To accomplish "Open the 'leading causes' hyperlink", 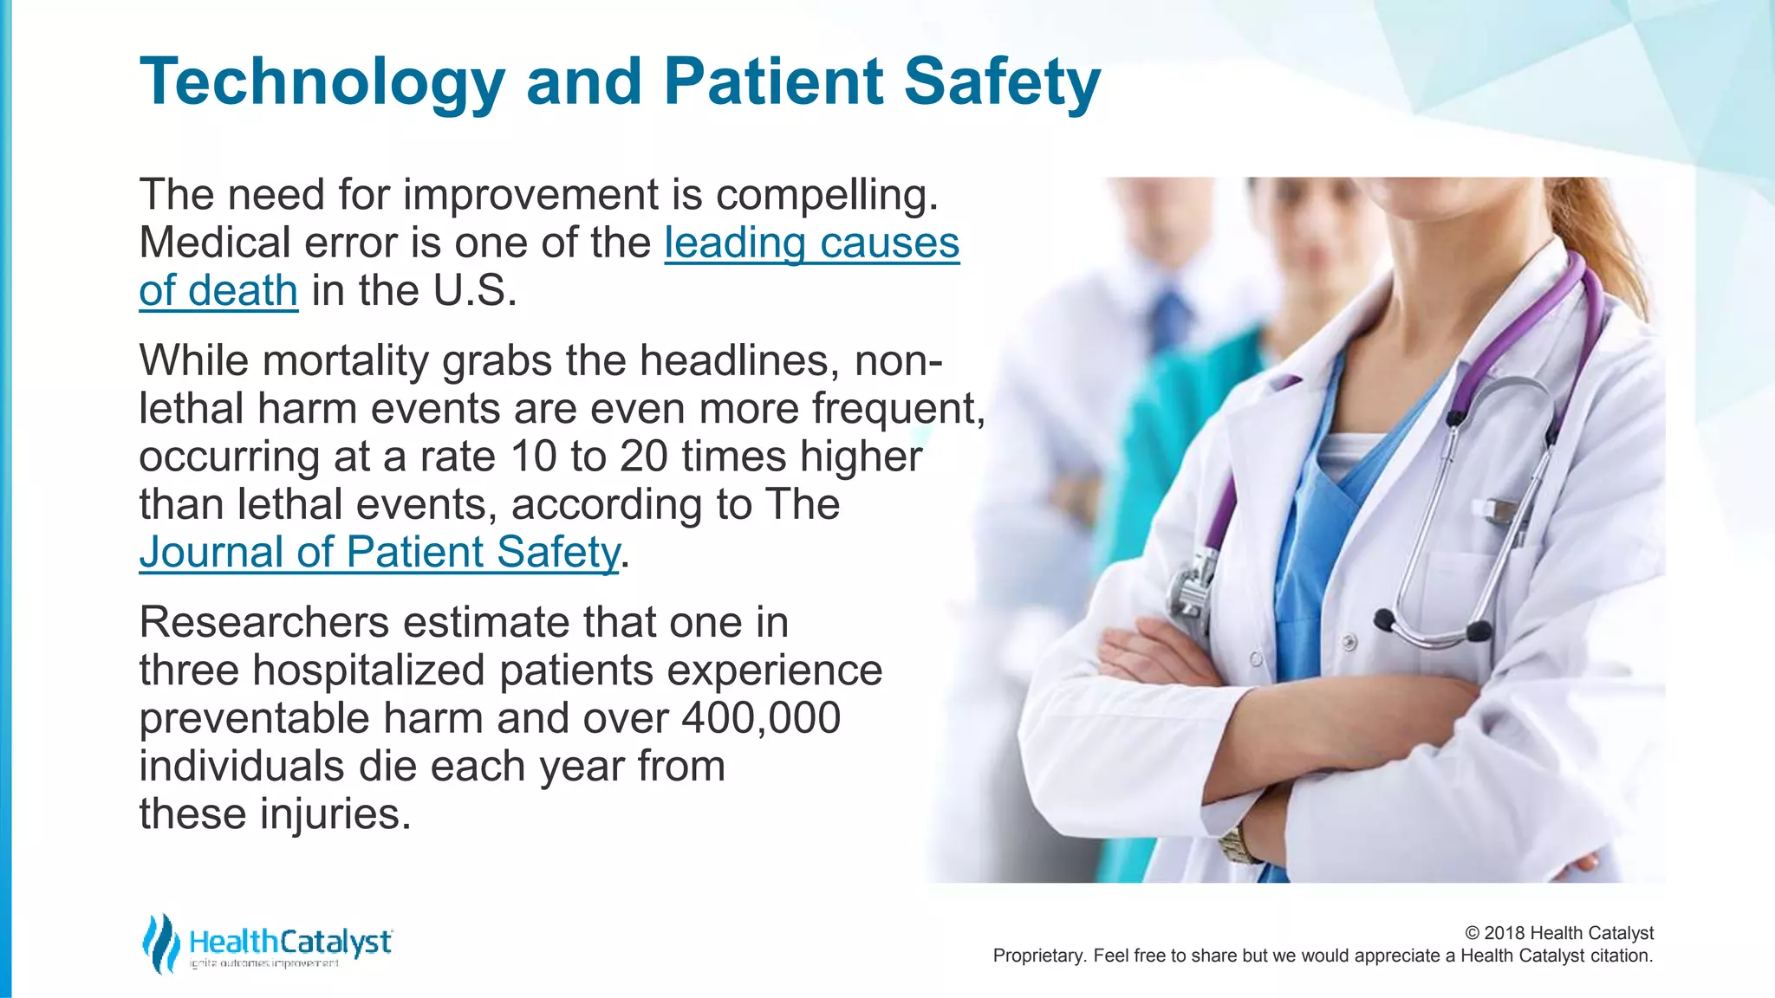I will [811, 243].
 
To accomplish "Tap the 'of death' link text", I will [218, 291].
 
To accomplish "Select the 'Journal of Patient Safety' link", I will [380, 553].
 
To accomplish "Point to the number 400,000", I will [761, 718].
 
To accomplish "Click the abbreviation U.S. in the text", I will [474, 291].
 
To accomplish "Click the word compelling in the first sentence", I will [826, 195].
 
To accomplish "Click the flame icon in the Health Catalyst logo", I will [159, 943].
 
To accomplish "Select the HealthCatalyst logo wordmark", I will [290, 942].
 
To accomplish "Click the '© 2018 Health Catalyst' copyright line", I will [1558, 933].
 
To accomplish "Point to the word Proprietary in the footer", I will [1037, 956].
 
